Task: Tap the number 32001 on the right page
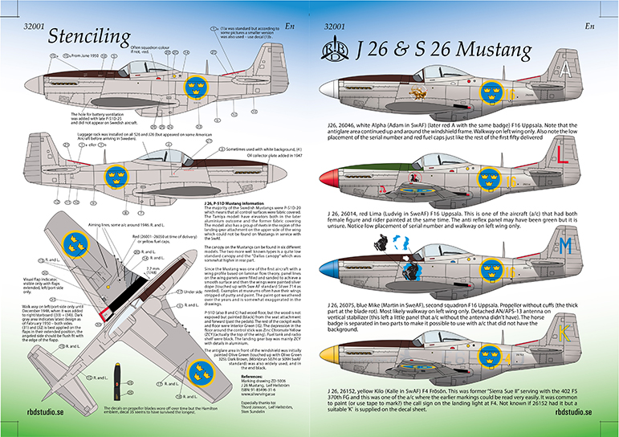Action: tap(333, 27)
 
